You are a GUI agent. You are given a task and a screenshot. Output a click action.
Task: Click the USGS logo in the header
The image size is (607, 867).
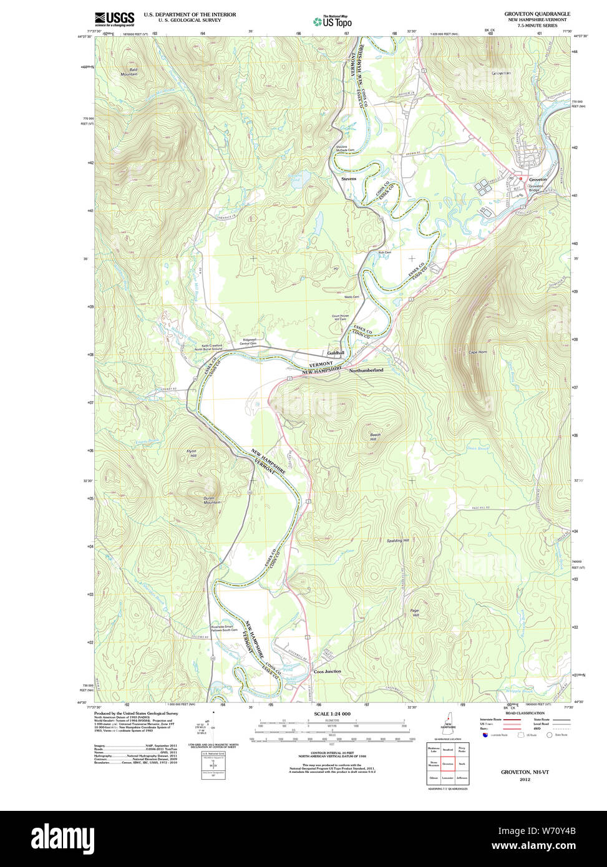point(114,18)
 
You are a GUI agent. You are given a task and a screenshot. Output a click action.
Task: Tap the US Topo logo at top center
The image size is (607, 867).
point(333,21)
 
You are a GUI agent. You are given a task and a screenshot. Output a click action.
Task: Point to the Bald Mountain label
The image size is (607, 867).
point(129,72)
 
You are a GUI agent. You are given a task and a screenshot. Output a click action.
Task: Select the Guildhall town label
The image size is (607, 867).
point(336,353)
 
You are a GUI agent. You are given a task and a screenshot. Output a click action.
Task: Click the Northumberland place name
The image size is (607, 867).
point(366,370)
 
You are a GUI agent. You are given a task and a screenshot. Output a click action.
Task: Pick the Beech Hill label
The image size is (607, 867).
point(375,437)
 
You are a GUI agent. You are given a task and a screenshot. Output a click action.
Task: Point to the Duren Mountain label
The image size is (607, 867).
point(212,500)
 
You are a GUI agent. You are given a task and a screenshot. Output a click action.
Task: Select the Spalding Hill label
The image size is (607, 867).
point(397,540)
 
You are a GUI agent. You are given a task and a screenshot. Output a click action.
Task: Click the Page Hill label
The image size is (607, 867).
point(415,613)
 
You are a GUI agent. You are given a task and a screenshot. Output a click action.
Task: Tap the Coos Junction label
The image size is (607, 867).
point(328,671)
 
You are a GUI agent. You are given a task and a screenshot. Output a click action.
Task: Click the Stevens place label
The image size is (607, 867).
point(349,178)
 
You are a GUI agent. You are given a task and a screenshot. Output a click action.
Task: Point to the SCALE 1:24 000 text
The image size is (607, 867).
point(332,714)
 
